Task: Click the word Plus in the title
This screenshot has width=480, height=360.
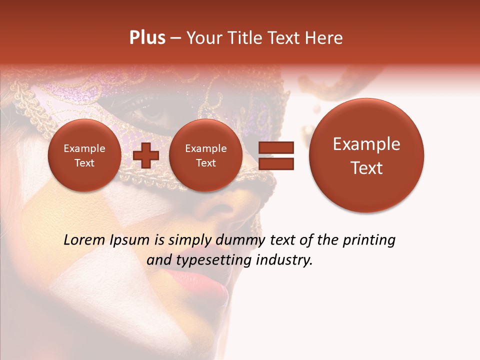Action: [147, 38]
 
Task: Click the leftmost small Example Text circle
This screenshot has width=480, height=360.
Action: [84, 155]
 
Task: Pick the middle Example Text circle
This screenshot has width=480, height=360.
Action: [205, 155]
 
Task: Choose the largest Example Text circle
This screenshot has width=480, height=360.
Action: [366, 155]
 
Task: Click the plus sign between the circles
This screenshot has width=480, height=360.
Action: [145, 155]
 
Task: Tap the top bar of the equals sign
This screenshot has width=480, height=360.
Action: [275, 147]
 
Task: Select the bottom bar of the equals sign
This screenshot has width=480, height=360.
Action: [275, 163]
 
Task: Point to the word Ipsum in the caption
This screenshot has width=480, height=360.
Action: [130, 240]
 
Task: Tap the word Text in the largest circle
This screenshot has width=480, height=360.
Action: [366, 168]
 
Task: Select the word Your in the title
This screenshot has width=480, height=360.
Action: [202, 38]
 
